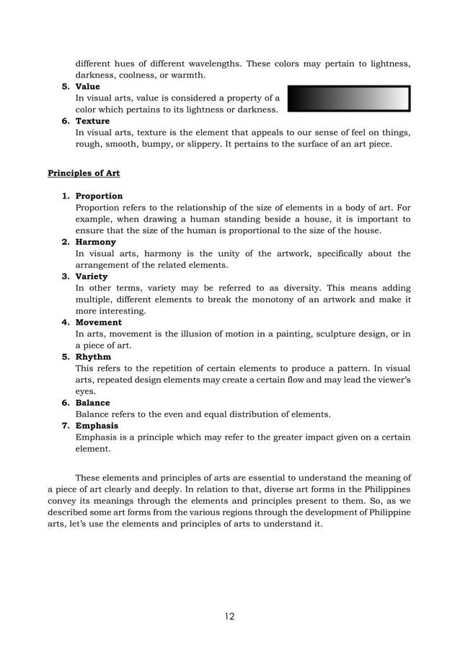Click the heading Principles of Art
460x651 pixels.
84,173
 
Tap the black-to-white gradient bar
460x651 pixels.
348,99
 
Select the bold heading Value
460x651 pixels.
87,87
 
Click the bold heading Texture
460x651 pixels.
92,121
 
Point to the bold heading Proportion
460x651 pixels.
99,196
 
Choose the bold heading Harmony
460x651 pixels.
95,243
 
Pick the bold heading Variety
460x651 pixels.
92,276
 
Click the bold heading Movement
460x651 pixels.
98,323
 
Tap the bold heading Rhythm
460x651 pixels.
93,357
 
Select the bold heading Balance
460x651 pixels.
94,403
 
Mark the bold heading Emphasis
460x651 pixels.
97,426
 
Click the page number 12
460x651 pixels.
229,616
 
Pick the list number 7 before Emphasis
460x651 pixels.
66,426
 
